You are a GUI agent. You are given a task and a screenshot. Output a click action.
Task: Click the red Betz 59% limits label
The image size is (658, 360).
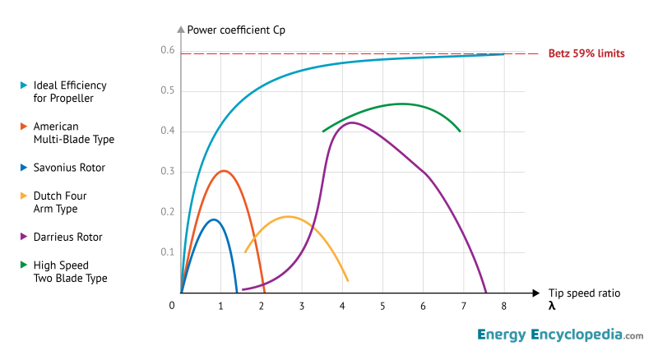pyautogui.click(x=586, y=53)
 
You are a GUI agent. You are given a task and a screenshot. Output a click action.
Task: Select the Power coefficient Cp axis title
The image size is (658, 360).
pyautogui.click(x=236, y=30)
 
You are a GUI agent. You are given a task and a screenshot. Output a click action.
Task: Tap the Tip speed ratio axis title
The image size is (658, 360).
pyautogui.click(x=586, y=293)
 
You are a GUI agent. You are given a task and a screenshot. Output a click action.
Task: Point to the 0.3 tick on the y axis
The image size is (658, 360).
pyautogui.click(x=167, y=171)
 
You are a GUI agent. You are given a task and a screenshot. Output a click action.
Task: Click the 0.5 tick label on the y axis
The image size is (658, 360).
pyautogui.click(x=167, y=90)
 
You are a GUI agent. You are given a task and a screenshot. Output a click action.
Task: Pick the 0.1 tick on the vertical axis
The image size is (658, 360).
pyautogui.click(x=167, y=252)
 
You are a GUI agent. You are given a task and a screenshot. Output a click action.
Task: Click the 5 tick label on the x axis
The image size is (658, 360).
pyautogui.click(x=382, y=307)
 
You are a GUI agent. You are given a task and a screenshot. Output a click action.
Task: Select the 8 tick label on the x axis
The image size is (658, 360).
pyautogui.click(x=503, y=307)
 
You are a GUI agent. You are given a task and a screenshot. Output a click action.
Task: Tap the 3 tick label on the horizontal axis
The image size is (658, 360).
pyautogui.click(x=302, y=307)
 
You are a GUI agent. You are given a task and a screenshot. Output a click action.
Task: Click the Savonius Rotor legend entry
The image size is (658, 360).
pyautogui.click(x=69, y=168)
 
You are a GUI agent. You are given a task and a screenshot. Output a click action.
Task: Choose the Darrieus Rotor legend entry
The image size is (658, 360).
pyautogui.click(x=67, y=237)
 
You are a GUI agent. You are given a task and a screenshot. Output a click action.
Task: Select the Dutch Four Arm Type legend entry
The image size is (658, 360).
pyautogui.click(x=59, y=202)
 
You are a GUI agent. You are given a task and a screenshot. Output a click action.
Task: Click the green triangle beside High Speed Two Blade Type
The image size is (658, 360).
pyautogui.click(x=23, y=266)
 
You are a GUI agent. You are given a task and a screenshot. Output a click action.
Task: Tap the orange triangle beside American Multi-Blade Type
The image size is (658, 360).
pyautogui.click(x=23, y=127)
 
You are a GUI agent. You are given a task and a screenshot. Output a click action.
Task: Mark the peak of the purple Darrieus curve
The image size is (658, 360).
pyautogui.click(x=352, y=122)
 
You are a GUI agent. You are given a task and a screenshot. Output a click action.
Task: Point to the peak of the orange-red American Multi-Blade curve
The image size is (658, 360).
pyautogui.click(x=224, y=171)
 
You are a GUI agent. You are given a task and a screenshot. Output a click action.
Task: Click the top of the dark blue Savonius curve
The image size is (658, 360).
pyautogui.click(x=214, y=219)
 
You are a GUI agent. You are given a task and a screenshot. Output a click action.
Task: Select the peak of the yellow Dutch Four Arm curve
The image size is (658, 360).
pyautogui.click(x=289, y=217)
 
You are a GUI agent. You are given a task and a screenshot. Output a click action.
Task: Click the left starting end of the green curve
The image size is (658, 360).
pyautogui.click(x=323, y=132)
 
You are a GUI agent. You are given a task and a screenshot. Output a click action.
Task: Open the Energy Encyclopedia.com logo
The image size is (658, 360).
pyautogui.click(x=559, y=335)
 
